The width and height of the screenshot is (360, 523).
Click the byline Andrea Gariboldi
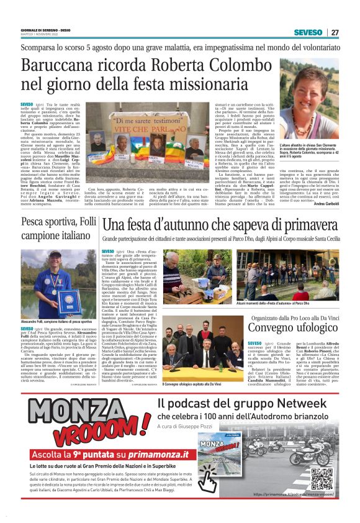tap(326, 204)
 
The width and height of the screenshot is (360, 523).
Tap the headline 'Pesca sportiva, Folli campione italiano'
tap(59, 229)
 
